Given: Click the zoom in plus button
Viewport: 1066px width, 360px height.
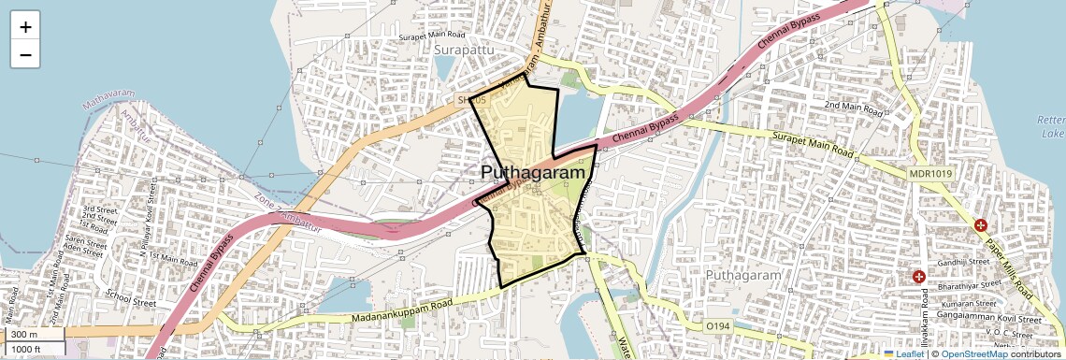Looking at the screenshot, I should [25, 27].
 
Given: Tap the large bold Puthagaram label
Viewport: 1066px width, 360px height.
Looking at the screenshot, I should [537, 173].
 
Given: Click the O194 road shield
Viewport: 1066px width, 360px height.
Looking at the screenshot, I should [717, 325].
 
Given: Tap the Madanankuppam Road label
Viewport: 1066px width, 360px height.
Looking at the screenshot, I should [402, 313].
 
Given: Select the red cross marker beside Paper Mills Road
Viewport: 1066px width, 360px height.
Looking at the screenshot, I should [981, 225].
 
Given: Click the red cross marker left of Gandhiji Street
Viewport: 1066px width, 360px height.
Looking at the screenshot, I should [919, 277].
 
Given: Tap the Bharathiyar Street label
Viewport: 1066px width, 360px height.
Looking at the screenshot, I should [974, 278].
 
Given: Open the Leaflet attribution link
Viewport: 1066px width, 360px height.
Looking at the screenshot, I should [903, 353].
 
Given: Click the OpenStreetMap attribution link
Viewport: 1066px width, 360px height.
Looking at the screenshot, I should [974, 353].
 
